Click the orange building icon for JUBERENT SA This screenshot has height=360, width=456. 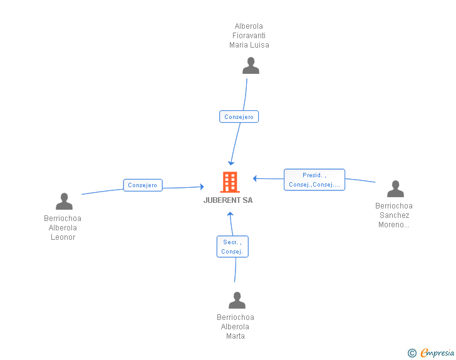230,182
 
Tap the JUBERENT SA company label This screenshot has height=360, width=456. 228,200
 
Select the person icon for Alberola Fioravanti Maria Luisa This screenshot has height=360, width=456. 251,66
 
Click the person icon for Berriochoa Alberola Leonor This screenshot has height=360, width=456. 64,201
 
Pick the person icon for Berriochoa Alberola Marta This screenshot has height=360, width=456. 237,300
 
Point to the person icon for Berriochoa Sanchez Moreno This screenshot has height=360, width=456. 395,188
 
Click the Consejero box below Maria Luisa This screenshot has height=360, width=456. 239,116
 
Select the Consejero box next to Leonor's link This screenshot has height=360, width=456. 143,185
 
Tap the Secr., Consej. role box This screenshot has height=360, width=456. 232,247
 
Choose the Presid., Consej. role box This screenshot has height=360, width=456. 314,180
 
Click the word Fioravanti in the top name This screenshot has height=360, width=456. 249,36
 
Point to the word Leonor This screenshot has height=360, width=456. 63,237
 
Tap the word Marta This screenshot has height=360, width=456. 236,336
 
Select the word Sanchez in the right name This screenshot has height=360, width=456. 395,215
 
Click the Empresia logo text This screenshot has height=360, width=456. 437,352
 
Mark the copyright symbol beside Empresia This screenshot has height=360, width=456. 412,353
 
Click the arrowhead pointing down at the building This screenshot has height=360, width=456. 231,163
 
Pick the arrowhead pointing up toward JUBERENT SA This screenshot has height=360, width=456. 230,214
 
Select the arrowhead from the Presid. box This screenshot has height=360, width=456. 255,178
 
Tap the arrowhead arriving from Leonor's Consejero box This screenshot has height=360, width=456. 202,187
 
